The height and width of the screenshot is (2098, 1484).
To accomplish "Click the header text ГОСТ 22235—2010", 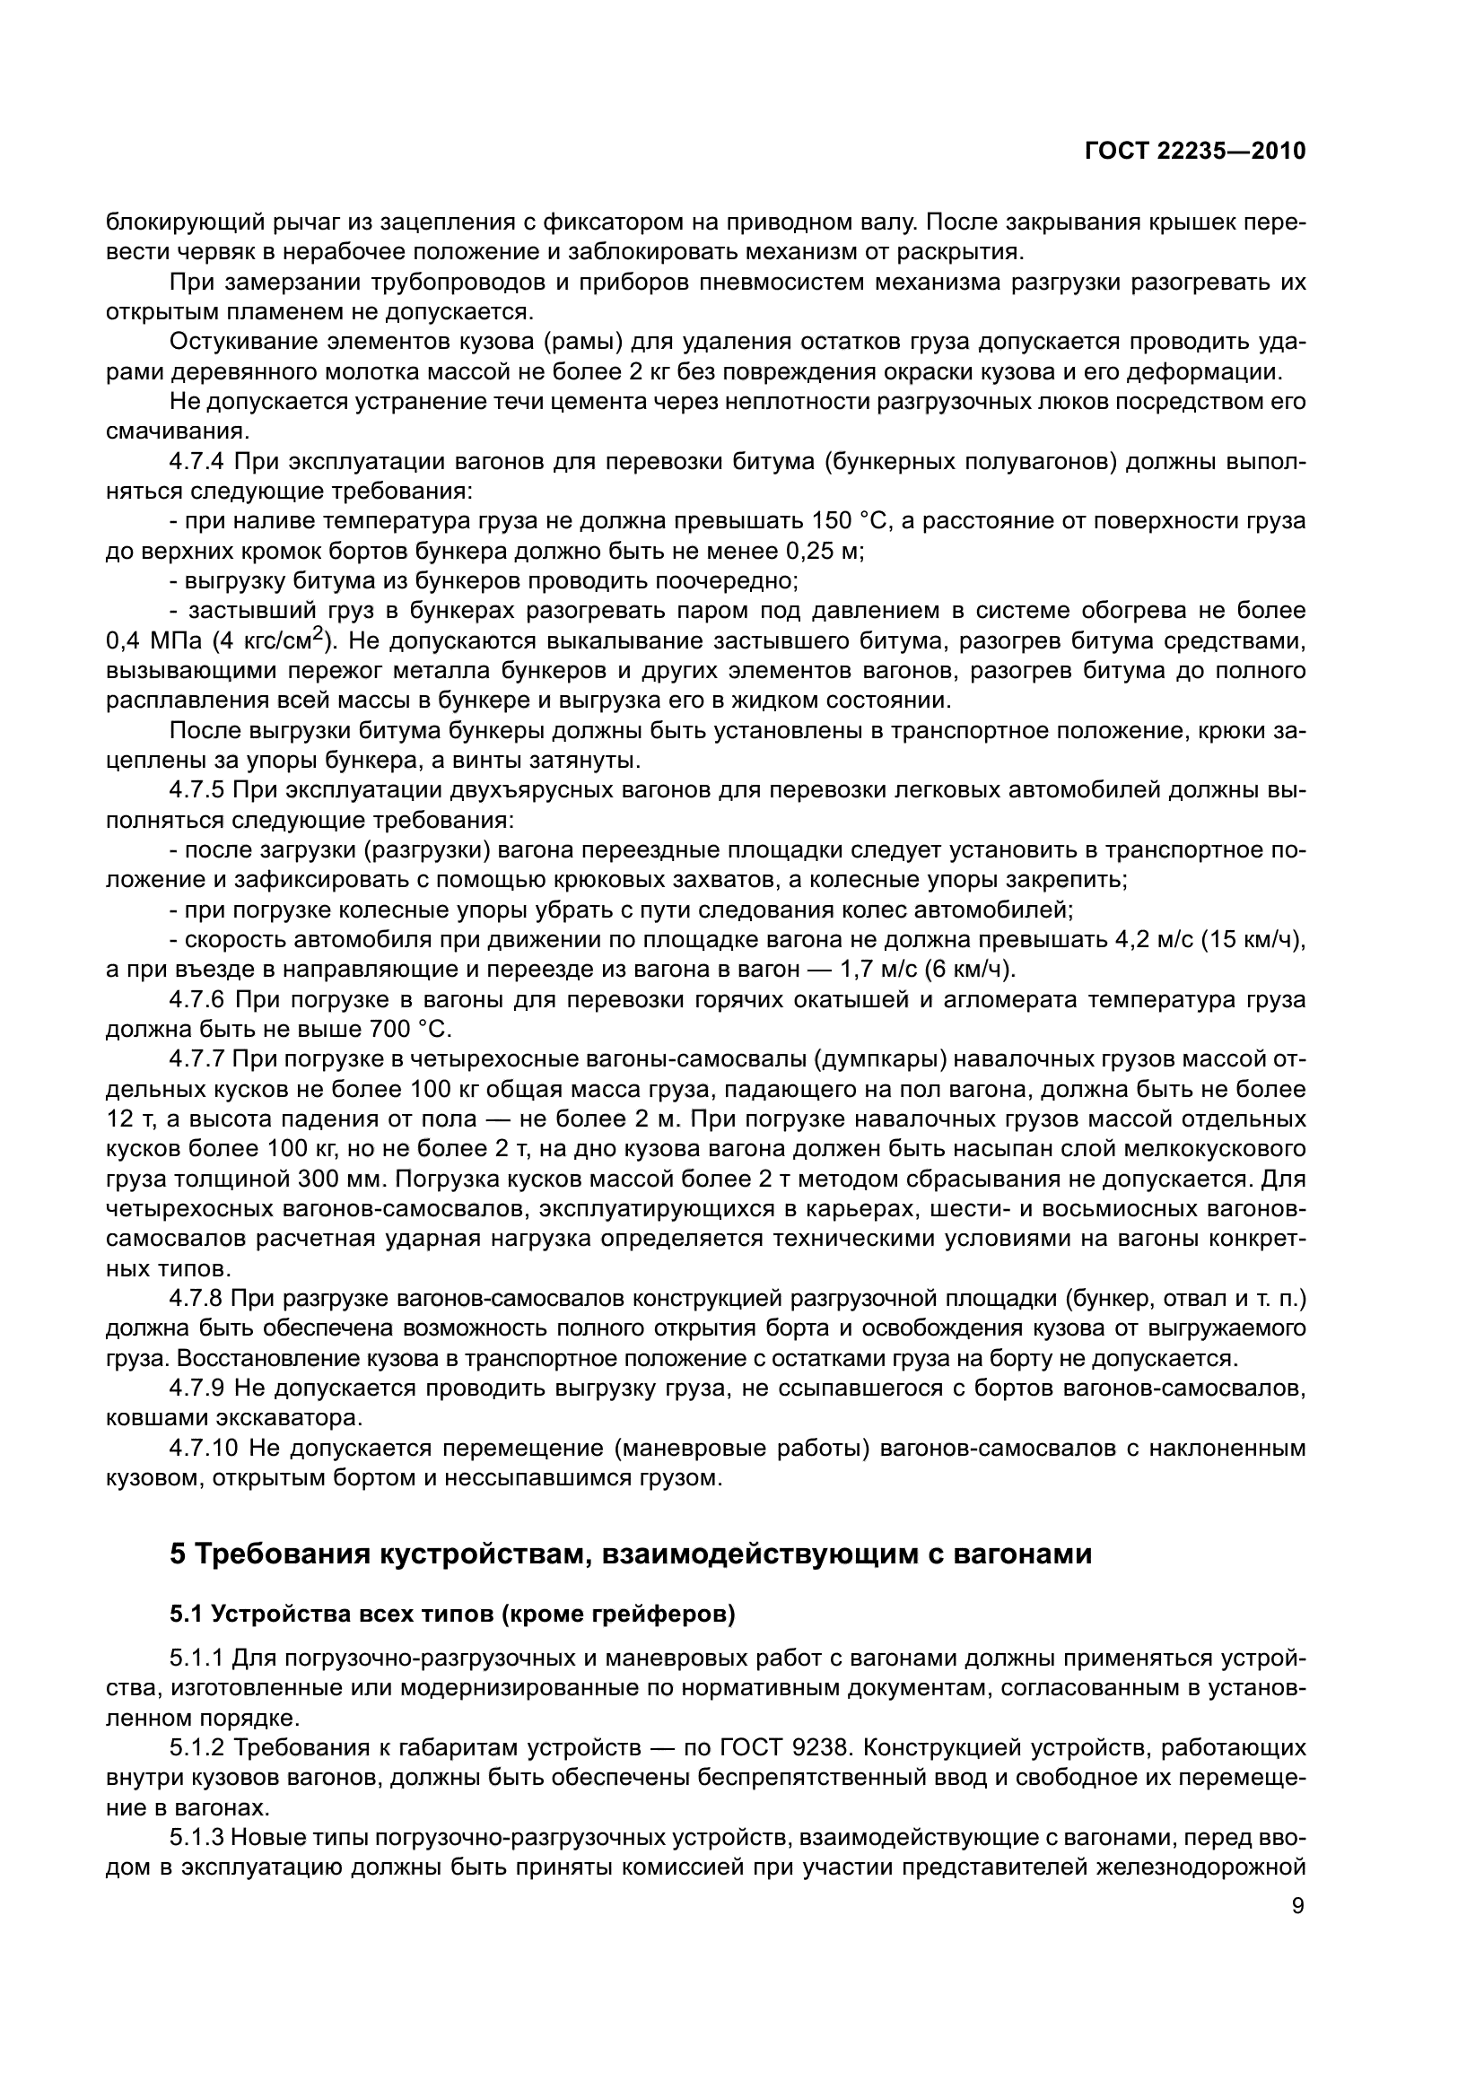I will pyautogui.click(x=1195, y=152).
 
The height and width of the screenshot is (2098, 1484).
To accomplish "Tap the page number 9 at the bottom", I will pyautogui.click(x=1298, y=1906).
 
